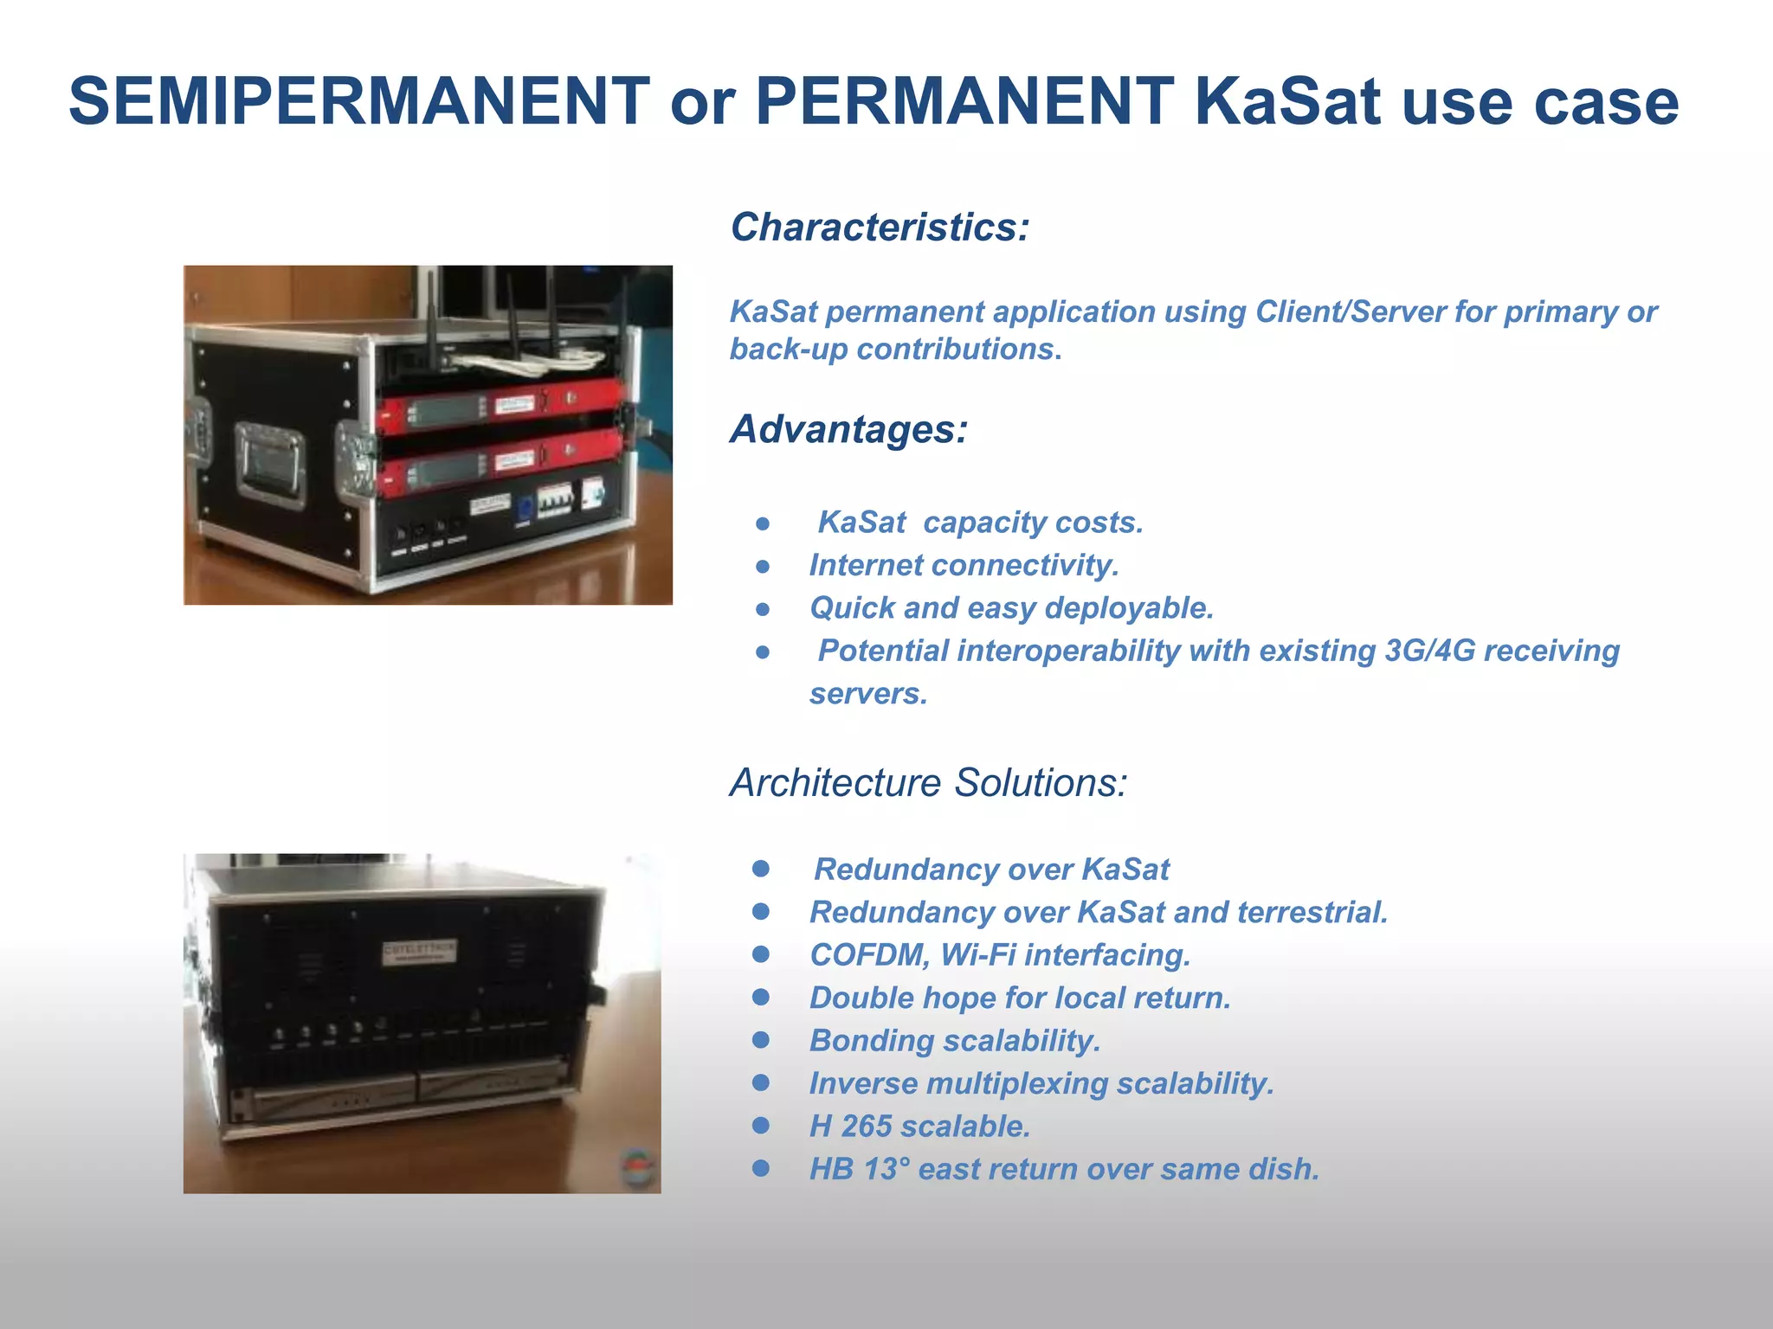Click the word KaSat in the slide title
click(x=1287, y=101)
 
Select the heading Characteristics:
click(x=880, y=228)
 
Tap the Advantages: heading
click(x=848, y=429)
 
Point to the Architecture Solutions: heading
click(x=928, y=783)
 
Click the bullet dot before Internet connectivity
click(x=763, y=567)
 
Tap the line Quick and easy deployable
click(x=1011, y=608)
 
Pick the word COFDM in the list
click(x=869, y=955)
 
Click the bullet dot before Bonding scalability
click(x=761, y=1040)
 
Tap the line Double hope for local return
click(x=1020, y=998)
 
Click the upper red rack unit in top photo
click(x=500, y=407)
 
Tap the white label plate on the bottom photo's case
click(x=420, y=952)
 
